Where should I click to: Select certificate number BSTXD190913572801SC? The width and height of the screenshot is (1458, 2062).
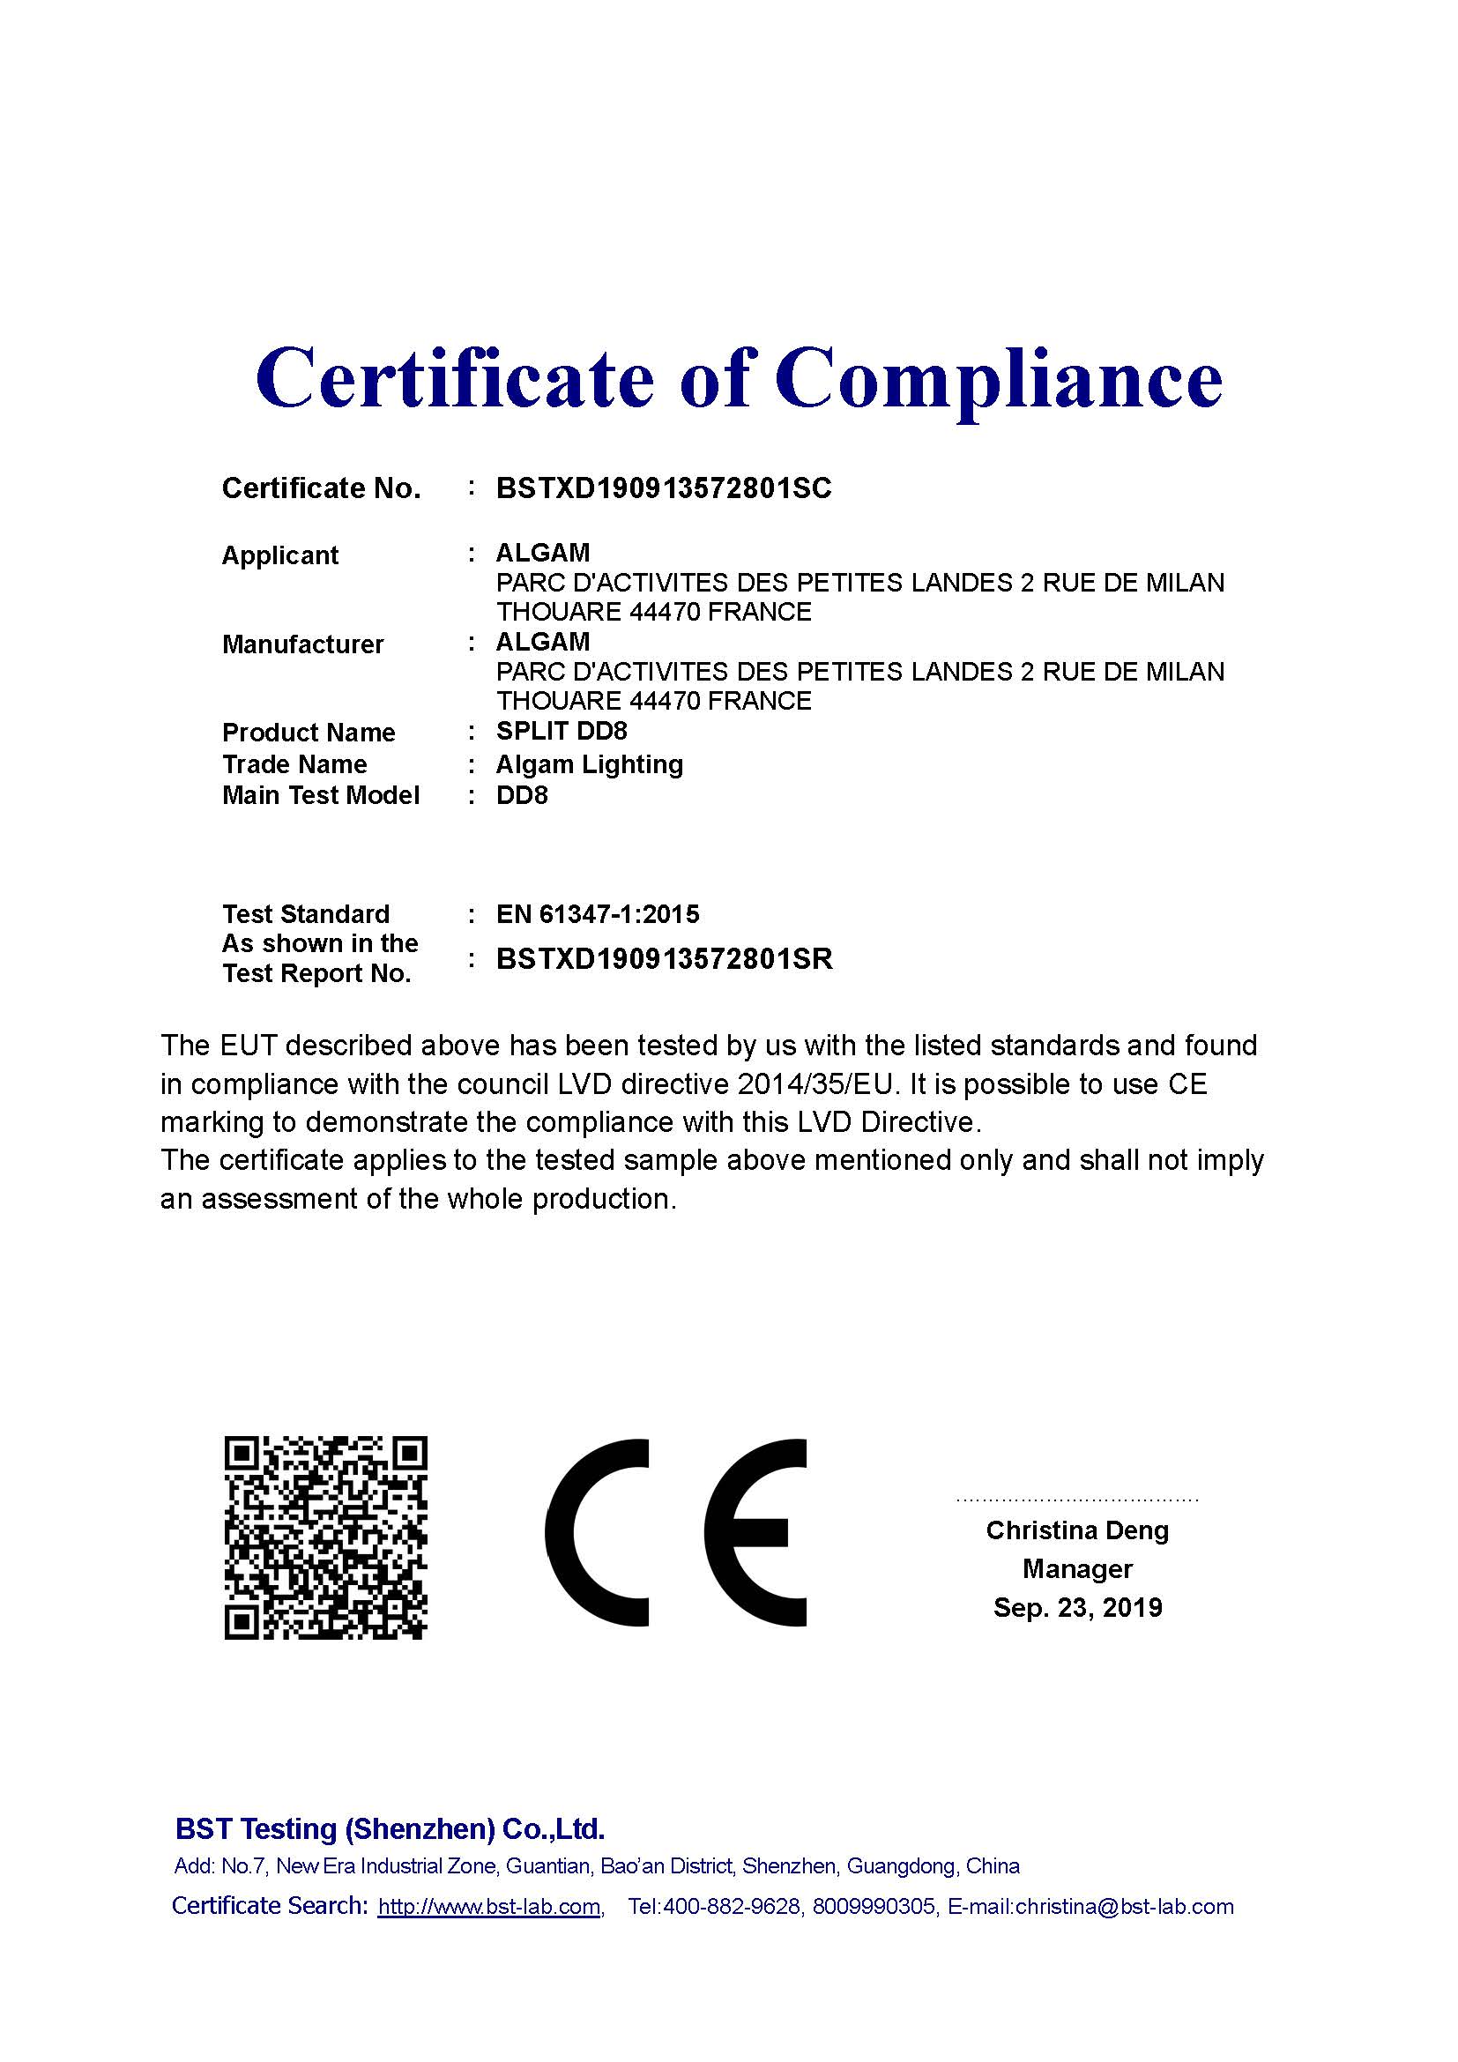tap(664, 488)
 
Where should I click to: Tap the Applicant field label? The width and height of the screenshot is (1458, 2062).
tap(280, 555)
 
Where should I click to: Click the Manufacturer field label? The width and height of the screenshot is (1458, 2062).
tap(302, 644)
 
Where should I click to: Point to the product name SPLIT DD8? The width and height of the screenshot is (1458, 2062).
tap(562, 731)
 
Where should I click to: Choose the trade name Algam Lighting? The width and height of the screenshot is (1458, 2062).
tap(589, 764)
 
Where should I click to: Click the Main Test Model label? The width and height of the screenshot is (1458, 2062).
tap(321, 796)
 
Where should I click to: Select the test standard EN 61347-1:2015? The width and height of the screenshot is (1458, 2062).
tap(597, 914)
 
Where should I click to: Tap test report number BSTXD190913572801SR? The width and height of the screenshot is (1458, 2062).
tap(665, 959)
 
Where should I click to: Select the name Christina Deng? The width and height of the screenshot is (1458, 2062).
tap(1076, 1530)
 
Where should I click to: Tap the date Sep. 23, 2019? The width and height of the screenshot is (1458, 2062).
tap(1076, 1608)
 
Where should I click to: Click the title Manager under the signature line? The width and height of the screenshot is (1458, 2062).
tap(1076, 1569)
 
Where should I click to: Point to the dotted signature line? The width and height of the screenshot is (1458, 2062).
tap(1076, 1500)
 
